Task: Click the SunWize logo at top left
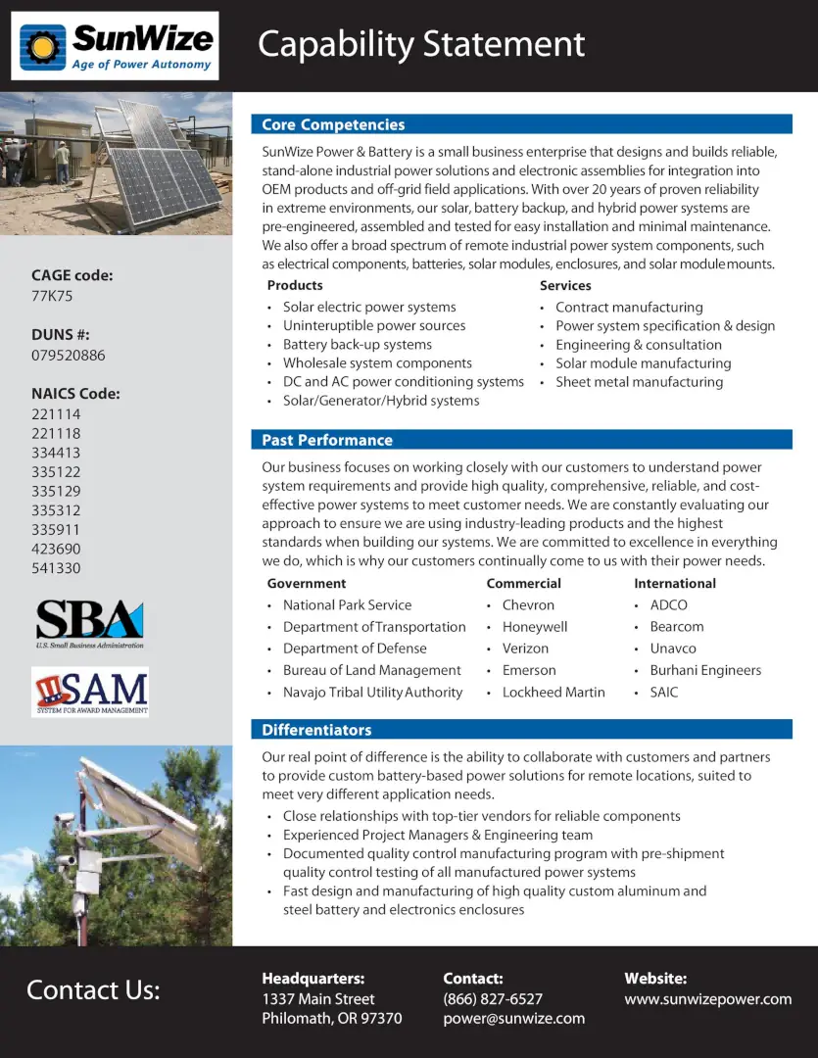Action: coord(116,45)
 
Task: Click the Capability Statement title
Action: coord(421,44)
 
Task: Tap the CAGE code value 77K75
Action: coord(52,296)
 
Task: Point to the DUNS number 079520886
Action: coord(69,356)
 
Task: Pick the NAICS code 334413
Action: coord(56,453)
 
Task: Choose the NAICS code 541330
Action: coord(56,568)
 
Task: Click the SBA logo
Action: coord(90,623)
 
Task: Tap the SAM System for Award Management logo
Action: coord(90,693)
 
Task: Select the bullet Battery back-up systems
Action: coord(357,345)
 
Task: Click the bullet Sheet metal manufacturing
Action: coord(639,382)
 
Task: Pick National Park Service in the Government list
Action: coord(347,605)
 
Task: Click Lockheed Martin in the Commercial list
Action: coord(553,693)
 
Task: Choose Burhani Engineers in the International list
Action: coord(705,671)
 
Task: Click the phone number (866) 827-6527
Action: coord(493,999)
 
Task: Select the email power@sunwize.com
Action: coord(513,1019)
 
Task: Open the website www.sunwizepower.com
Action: coord(707,999)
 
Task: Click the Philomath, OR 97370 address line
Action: coord(331,1019)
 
